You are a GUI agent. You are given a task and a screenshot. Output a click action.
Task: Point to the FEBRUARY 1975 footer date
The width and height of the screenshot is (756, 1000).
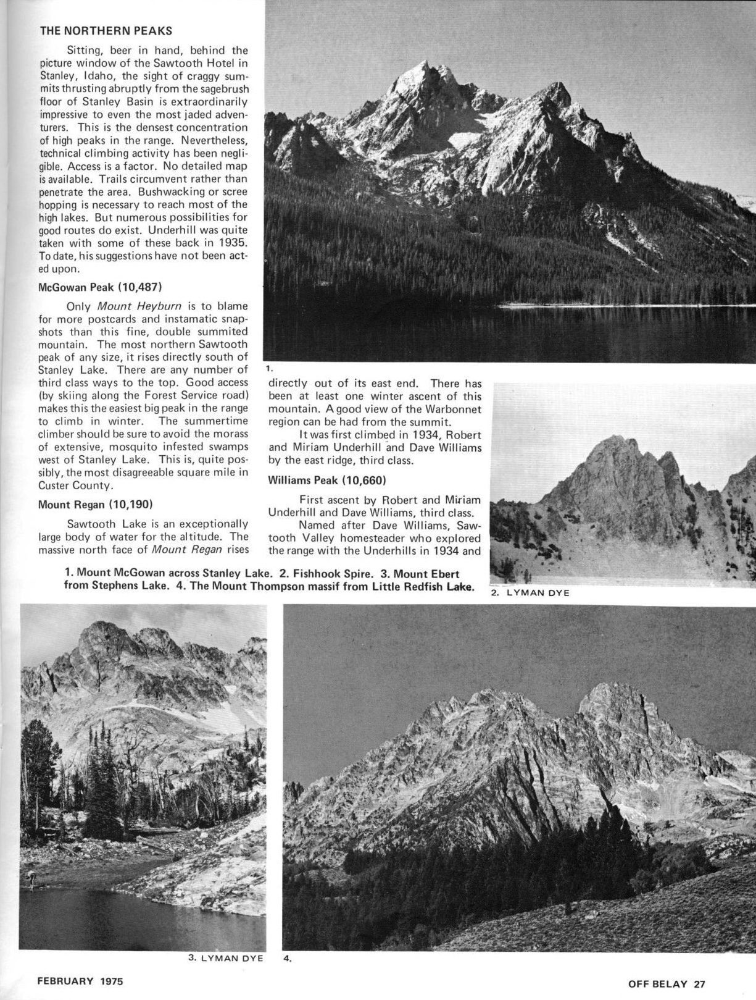[80, 980]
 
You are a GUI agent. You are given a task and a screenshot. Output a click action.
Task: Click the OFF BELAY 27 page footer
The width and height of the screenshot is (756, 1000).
[666, 984]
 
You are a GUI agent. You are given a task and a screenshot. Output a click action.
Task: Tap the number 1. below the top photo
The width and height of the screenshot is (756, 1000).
[269, 368]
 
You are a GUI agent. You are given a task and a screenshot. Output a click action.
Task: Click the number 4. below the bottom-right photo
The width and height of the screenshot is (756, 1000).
[287, 959]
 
